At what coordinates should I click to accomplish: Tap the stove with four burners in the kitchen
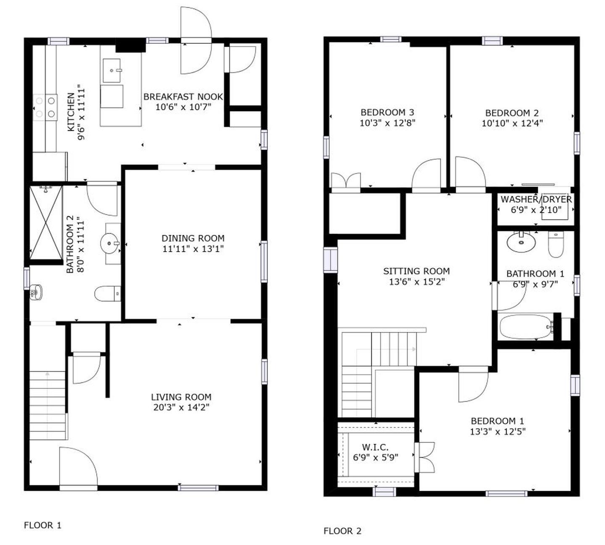45,107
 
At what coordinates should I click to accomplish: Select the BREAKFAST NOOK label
183,97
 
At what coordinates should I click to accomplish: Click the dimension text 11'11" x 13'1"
193,249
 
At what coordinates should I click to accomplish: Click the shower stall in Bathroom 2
46,223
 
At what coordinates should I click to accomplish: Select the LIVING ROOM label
181,397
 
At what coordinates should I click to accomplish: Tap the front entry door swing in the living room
78,466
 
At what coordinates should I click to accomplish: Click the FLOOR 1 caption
42,525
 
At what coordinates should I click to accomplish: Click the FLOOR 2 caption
342,531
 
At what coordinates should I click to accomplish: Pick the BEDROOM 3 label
387,112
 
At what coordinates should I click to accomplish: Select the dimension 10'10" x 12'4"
512,123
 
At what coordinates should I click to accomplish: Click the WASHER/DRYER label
536,199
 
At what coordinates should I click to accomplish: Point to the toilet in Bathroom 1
555,245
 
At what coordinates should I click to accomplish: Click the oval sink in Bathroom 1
521,242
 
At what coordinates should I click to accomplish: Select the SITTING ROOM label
416,271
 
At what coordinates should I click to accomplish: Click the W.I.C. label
375,448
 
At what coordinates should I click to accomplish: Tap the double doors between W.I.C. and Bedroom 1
424,457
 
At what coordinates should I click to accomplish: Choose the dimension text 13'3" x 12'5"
497,431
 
